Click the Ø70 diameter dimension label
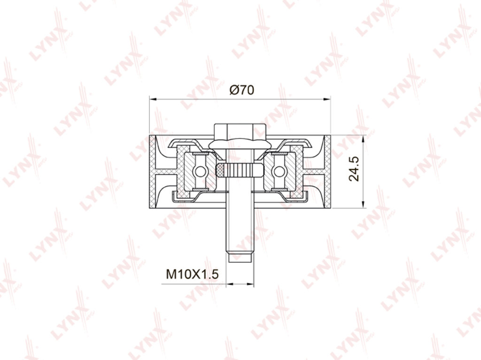click(x=242, y=90)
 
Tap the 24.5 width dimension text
click(x=354, y=169)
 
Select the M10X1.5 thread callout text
click(x=192, y=274)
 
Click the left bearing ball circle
click(x=200, y=171)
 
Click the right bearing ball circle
click(x=279, y=171)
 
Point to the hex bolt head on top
click(x=240, y=131)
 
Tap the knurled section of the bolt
click(x=240, y=170)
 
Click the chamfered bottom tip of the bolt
click(x=240, y=257)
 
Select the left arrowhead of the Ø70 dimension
click(x=153, y=99)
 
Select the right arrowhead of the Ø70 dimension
click(x=327, y=99)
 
